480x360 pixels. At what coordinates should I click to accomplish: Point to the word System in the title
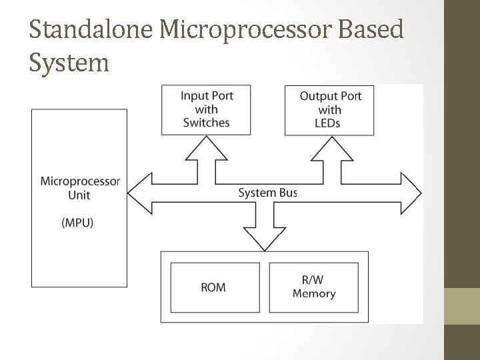point(69,63)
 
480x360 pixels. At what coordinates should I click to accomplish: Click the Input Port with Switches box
point(206,110)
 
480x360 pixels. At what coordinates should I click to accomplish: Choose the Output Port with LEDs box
point(329,111)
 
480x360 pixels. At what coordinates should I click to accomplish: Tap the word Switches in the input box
point(206,123)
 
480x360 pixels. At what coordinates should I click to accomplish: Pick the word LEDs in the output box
point(327,123)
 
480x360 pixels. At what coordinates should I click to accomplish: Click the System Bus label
point(267,193)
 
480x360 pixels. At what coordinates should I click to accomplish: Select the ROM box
point(215,287)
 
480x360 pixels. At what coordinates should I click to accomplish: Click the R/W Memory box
point(314,287)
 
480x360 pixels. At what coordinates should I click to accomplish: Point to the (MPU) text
point(77,223)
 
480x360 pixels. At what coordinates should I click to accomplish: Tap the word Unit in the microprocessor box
point(79,195)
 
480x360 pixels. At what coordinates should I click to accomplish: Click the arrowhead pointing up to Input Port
point(206,148)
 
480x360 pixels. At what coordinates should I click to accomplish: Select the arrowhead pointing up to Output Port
point(332,149)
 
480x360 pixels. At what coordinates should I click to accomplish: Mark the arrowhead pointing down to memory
point(265,239)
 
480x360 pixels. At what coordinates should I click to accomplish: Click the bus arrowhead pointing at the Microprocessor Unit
point(139,193)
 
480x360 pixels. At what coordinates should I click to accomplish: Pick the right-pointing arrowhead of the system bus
point(411,193)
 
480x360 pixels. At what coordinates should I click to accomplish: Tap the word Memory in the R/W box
point(314,293)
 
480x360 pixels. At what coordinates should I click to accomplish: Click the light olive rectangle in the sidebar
point(462,306)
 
